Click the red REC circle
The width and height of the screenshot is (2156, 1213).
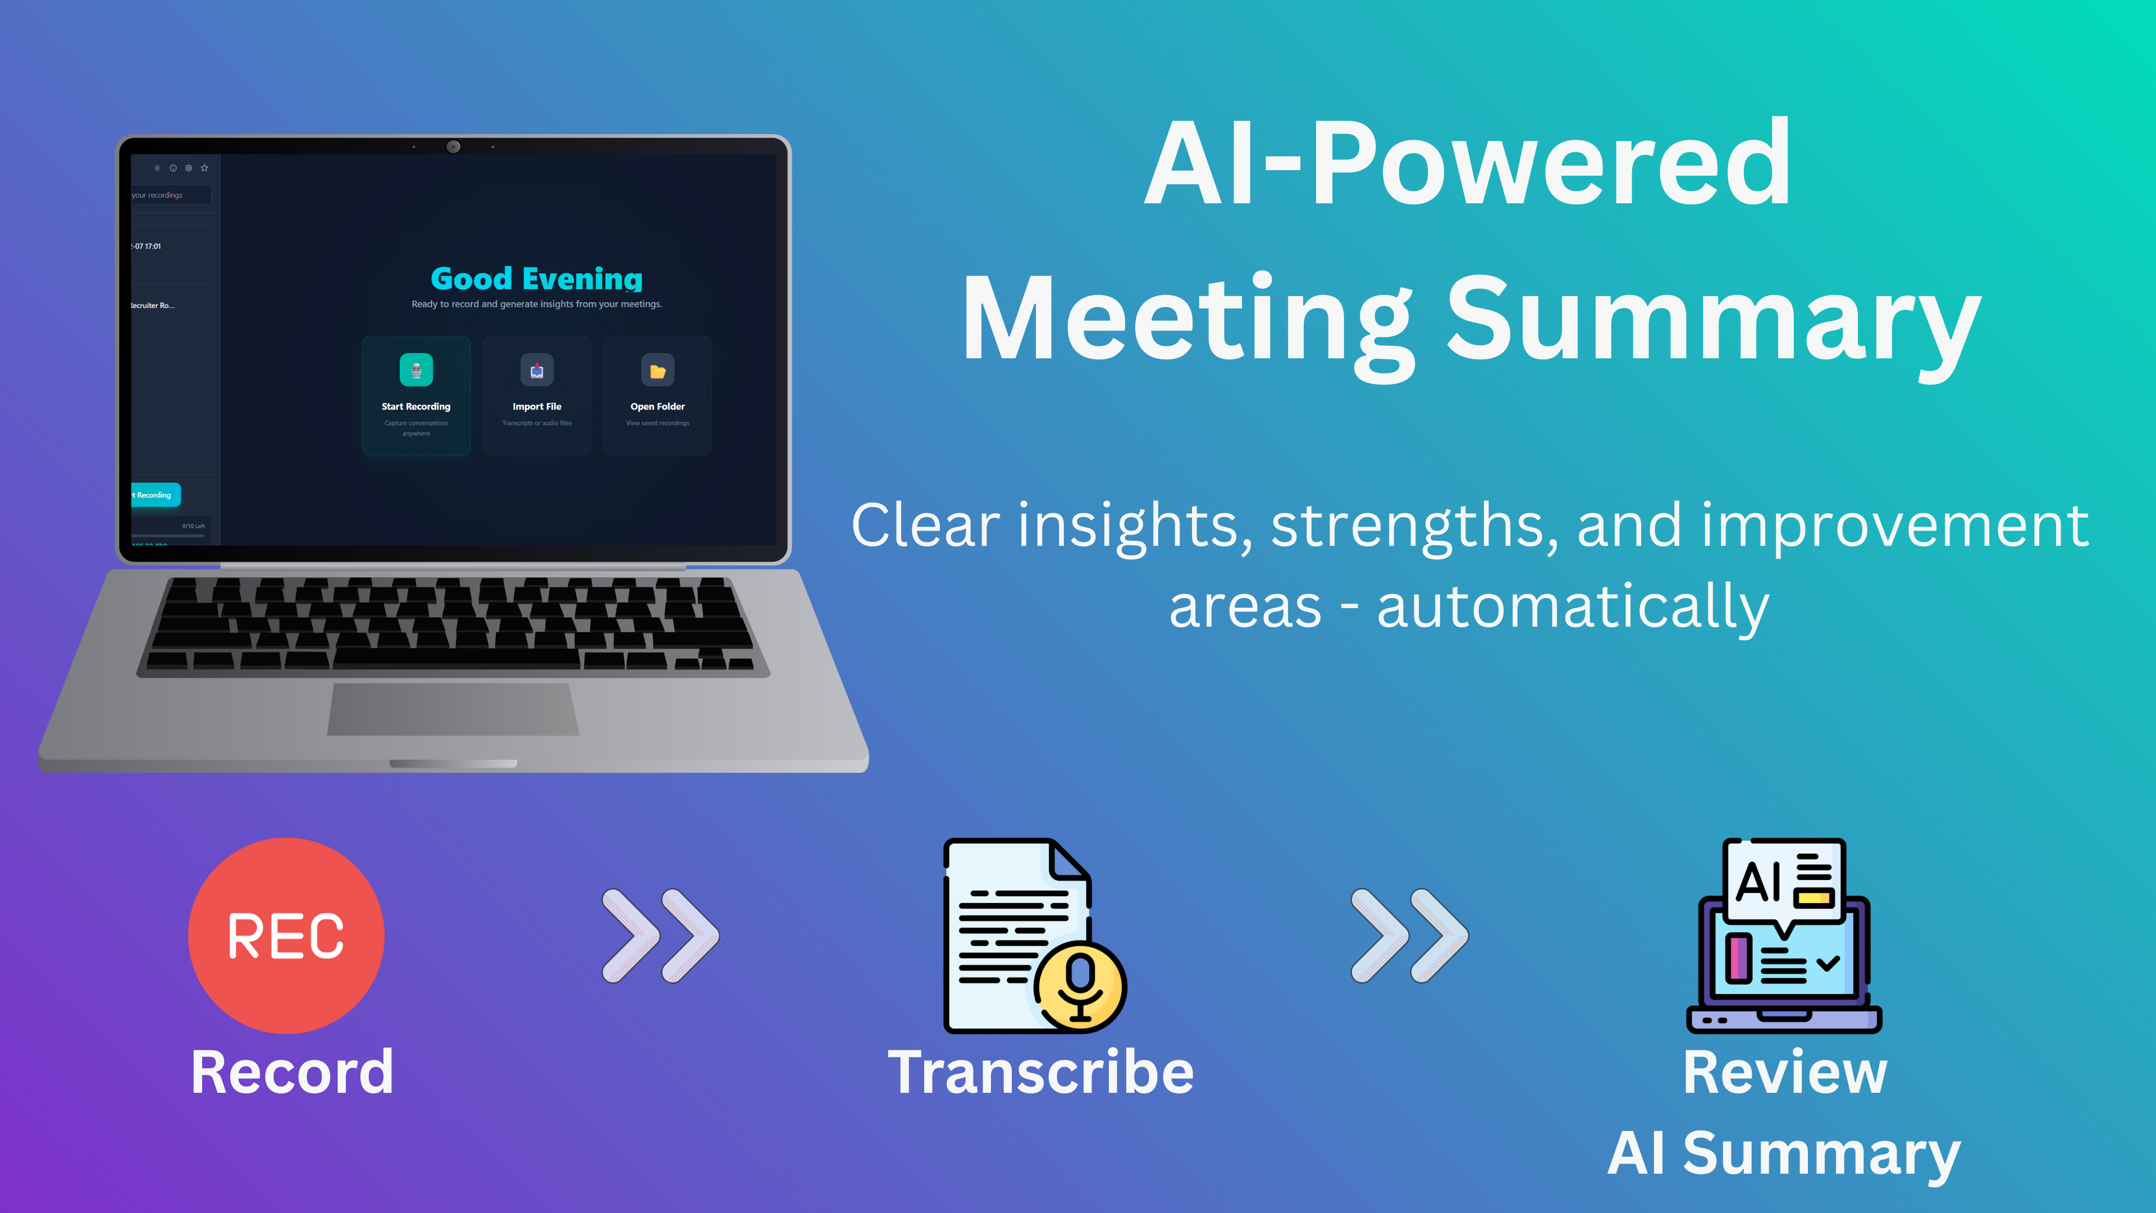pyautogui.click(x=286, y=935)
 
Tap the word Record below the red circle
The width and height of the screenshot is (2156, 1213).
pyautogui.click(x=292, y=1073)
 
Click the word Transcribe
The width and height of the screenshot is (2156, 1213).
pyautogui.click(x=1040, y=1073)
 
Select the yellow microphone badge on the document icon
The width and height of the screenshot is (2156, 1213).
pyautogui.click(x=1080, y=986)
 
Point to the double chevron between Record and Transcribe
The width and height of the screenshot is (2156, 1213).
pyautogui.click(x=660, y=935)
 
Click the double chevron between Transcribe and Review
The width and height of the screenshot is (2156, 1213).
pyautogui.click(x=1409, y=935)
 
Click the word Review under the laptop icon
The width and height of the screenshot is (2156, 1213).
pyautogui.click(x=1784, y=1073)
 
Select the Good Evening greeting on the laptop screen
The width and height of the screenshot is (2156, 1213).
pyautogui.click(x=537, y=278)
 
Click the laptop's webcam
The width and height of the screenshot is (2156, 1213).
pyautogui.click(x=453, y=147)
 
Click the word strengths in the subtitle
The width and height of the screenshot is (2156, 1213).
pyautogui.click(x=1414, y=526)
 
